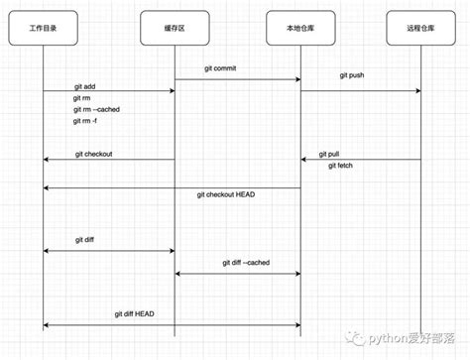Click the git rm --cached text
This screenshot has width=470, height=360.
pos(96,109)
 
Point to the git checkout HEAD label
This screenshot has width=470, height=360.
pos(225,194)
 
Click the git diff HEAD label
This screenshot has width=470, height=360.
pos(134,313)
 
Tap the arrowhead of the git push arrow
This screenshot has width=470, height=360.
pos(416,91)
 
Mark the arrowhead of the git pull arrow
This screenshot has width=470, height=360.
pos(305,160)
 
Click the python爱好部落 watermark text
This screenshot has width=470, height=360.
pos(408,338)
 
